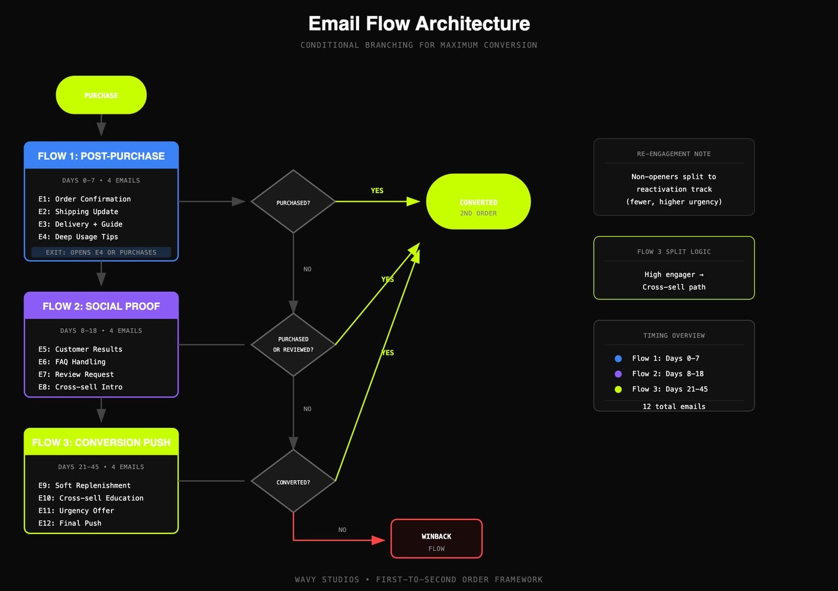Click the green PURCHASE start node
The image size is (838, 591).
tap(101, 95)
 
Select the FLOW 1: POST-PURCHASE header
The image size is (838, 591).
tap(101, 156)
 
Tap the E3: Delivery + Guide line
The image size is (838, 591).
tap(80, 224)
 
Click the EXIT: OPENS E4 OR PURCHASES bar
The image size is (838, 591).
tap(101, 252)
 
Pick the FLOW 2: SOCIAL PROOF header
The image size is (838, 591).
tap(101, 306)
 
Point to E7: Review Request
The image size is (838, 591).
tap(76, 374)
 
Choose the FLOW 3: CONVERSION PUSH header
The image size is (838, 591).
tap(101, 443)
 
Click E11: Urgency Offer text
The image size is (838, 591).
tap(76, 511)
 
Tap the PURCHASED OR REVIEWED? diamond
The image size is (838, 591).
tap(293, 345)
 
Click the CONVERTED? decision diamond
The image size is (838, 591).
tap(293, 482)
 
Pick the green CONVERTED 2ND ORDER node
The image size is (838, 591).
tap(478, 202)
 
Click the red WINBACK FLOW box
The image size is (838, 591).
tap(436, 539)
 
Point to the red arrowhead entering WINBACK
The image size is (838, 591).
tap(379, 539)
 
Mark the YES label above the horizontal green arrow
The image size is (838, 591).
tap(377, 191)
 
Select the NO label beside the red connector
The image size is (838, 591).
tap(342, 530)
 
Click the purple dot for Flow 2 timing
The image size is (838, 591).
tap(618, 374)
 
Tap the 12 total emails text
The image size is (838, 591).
tap(674, 406)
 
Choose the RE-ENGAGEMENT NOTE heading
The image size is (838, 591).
tap(674, 154)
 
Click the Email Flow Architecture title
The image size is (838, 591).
tap(419, 23)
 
